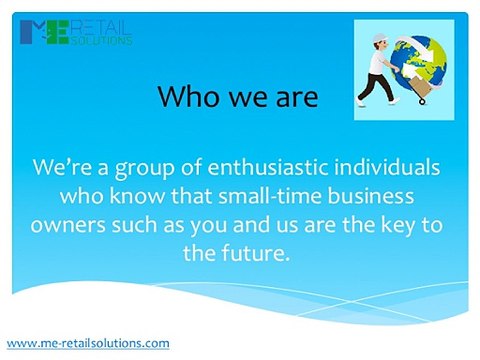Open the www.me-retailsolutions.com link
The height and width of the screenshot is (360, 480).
click(88, 343)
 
